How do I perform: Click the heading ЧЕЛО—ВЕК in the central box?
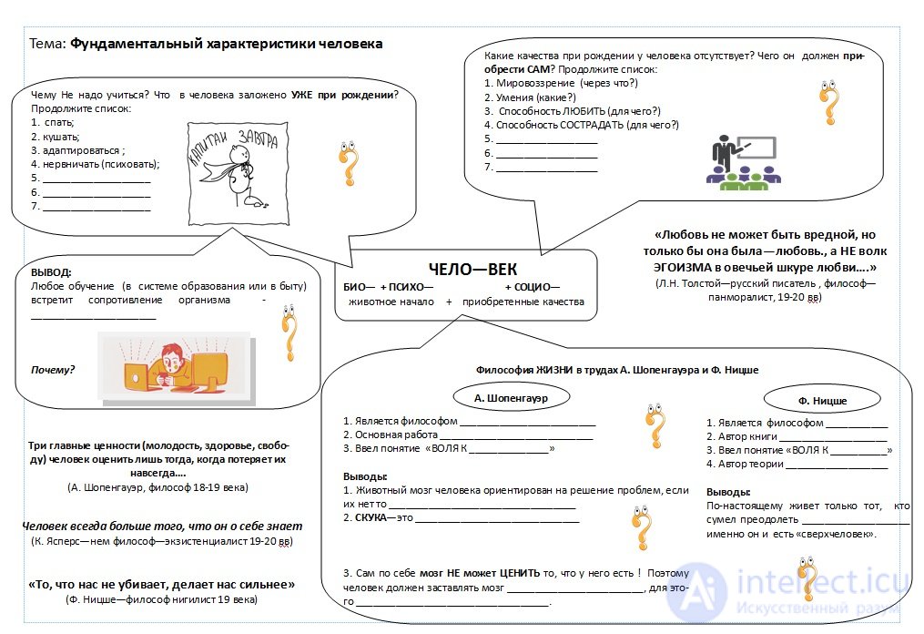(472, 270)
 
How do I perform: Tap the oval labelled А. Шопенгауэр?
(511, 398)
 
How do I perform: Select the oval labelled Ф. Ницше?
(822, 401)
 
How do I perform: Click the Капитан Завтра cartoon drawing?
(239, 173)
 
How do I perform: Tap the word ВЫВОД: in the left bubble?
(51, 272)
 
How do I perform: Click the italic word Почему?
(53, 370)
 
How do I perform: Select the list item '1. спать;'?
(53, 123)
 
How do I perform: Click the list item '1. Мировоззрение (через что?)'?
(561, 83)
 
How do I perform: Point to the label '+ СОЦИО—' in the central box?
(533, 287)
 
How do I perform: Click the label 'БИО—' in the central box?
(359, 287)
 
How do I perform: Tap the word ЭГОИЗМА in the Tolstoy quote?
(683, 268)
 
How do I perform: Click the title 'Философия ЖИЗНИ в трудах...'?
(617, 370)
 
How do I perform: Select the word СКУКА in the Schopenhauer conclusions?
(371, 517)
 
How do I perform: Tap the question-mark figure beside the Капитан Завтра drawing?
(349, 163)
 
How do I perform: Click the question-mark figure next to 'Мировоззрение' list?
(829, 103)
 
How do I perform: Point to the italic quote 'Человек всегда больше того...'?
(162, 527)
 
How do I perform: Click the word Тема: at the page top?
(47, 44)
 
